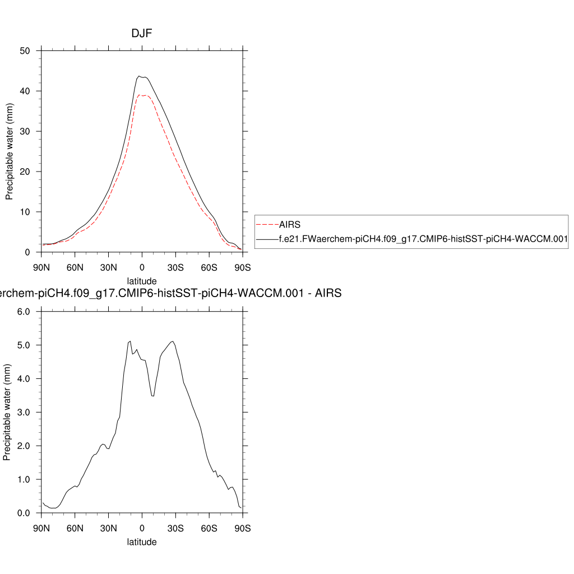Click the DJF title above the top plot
[x=142, y=34]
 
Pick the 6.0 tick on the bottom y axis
[x=24, y=312]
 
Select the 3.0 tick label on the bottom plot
[x=24, y=413]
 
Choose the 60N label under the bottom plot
[x=75, y=528]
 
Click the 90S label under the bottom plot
[x=242, y=528]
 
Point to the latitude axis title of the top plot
[x=142, y=281]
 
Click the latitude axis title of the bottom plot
[x=142, y=542]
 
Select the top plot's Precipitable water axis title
[x=9, y=152]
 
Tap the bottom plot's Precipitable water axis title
[x=8, y=413]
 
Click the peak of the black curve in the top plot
[x=139, y=76]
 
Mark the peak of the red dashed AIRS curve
[x=142, y=95]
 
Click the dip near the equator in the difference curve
[x=153, y=396]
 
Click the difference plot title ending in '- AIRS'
[x=168, y=293]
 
